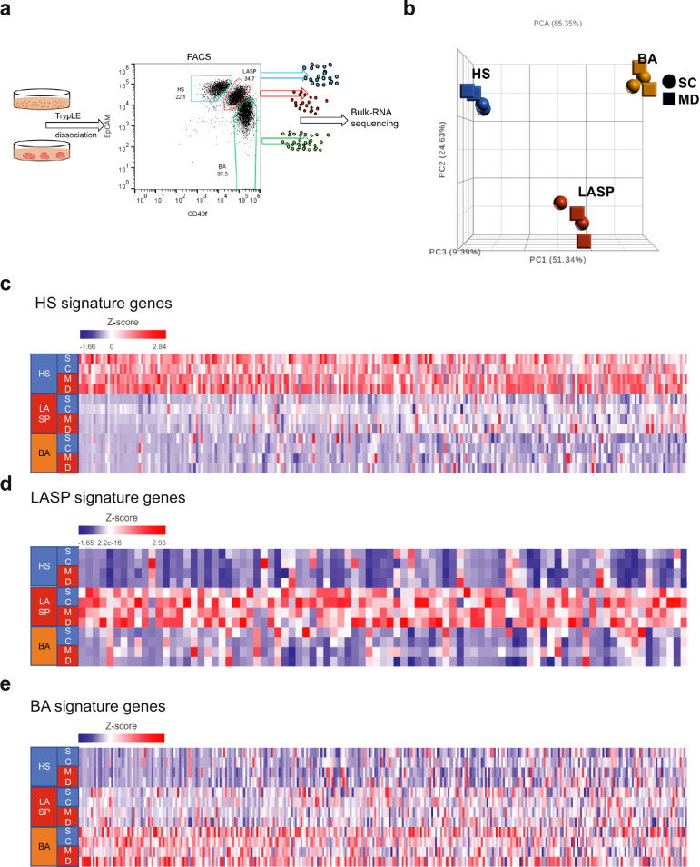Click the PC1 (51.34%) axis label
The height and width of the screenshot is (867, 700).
563,260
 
